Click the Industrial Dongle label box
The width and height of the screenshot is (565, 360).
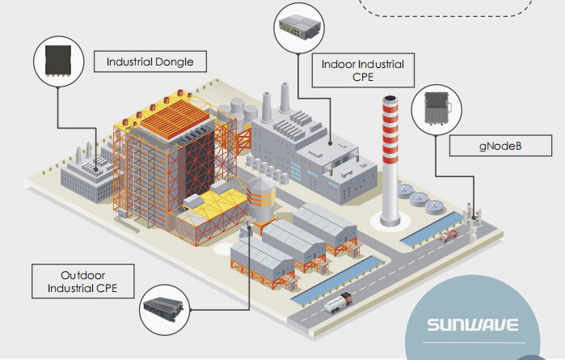(150, 61)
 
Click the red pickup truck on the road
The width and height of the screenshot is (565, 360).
(448, 235)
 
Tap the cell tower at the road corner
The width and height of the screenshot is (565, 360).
(473, 214)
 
